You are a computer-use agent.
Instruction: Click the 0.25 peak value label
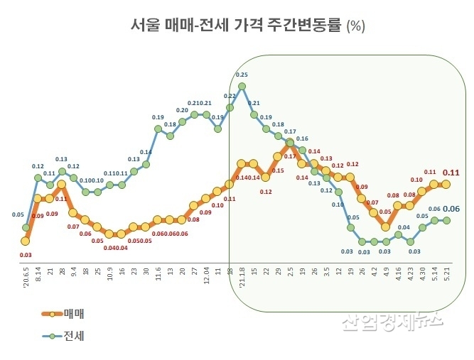242,75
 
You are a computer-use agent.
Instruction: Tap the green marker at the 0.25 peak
242,87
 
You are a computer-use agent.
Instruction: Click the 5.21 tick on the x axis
446,272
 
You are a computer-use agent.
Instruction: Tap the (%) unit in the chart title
355,26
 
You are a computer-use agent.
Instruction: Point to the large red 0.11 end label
451,172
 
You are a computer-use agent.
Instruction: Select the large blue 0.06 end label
451,209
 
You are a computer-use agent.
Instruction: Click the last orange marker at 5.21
446,184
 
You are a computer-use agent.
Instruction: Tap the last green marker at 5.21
446,220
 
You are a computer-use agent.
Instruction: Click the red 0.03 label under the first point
26,254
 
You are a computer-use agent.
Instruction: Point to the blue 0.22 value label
230,96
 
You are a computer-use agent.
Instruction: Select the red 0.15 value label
277,170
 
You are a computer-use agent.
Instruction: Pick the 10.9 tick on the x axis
109,273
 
